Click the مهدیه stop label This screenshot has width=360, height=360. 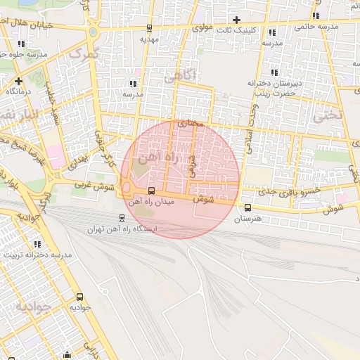point(149,39)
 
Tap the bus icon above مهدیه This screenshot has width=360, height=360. point(149,28)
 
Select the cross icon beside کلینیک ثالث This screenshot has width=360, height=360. point(236,20)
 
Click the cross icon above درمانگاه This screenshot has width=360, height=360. point(18,81)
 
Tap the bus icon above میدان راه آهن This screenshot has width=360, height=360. point(151,191)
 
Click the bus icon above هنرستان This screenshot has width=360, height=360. point(247,207)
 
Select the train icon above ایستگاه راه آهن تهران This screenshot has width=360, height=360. point(122,218)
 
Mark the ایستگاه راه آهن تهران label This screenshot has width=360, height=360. point(122,229)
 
